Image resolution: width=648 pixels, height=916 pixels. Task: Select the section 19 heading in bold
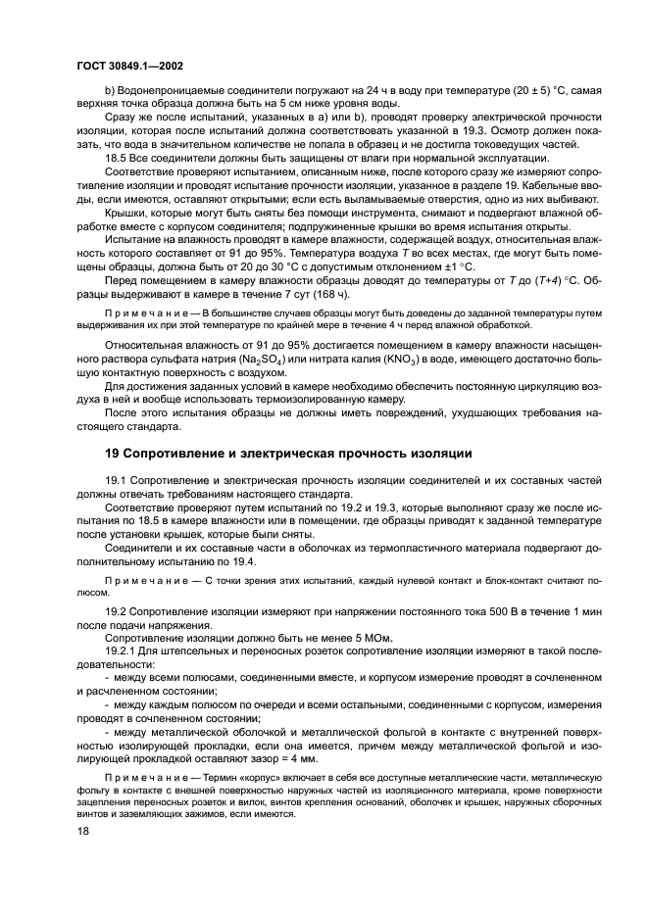point(289,453)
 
